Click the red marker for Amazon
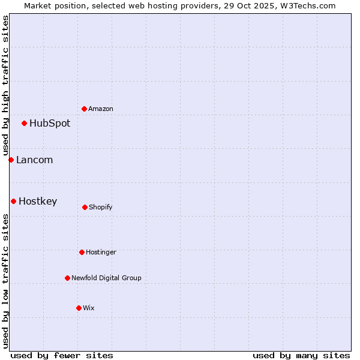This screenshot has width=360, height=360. (x=84, y=109)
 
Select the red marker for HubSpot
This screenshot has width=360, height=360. (x=25, y=123)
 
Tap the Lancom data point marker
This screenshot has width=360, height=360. (x=11, y=160)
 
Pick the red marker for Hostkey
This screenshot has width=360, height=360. (x=13, y=201)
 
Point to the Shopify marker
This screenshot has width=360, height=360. (x=85, y=207)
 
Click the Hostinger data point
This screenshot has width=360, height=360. (x=82, y=252)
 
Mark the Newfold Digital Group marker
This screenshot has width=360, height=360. (x=67, y=278)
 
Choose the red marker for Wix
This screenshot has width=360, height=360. (x=79, y=308)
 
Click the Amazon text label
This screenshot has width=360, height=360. (x=101, y=109)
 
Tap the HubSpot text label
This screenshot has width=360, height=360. (x=50, y=124)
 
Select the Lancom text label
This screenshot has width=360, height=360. (x=35, y=160)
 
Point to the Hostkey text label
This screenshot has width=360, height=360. (x=38, y=202)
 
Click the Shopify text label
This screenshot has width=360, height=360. (x=101, y=208)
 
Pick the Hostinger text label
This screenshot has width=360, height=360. (x=101, y=253)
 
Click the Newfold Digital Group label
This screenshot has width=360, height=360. (x=106, y=278)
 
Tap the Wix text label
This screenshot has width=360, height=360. (x=89, y=308)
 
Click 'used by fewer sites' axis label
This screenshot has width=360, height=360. (x=62, y=355)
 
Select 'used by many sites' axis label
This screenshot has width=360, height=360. (x=301, y=355)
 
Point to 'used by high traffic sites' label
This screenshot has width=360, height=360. (x=5, y=85)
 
